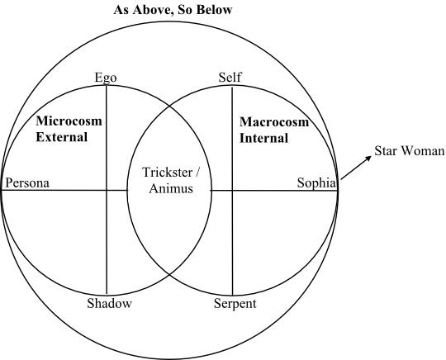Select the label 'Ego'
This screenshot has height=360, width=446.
tap(106, 78)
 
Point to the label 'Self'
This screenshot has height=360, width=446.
tap(230, 77)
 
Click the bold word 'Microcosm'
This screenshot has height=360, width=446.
tap(69, 121)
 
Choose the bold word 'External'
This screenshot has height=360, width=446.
tap(62, 137)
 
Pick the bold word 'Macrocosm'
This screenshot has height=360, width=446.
tap(274, 122)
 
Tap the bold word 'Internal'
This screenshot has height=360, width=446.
tap(264, 138)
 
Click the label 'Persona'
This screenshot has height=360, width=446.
tap(27, 182)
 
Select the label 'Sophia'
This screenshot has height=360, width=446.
tap(316, 182)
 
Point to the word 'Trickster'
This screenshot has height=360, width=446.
tap(167, 173)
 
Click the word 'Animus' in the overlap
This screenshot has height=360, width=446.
tap(171, 188)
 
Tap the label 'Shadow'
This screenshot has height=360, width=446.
tap(110, 303)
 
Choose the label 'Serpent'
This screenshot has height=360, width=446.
tap(235, 303)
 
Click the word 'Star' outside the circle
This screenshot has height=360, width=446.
tap(385, 151)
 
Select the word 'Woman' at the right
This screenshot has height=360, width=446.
tap(421, 151)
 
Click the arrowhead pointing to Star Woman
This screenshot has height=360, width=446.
tap(368, 159)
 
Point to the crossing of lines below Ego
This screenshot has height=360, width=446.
tap(107, 190)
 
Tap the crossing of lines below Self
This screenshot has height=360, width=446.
tap(232, 191)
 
